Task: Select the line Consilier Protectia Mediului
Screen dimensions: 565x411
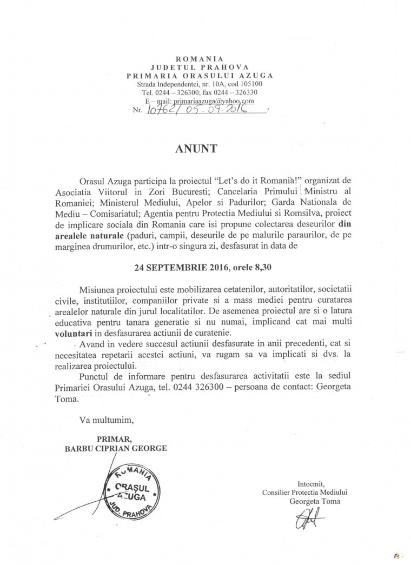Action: click(307, 493)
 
